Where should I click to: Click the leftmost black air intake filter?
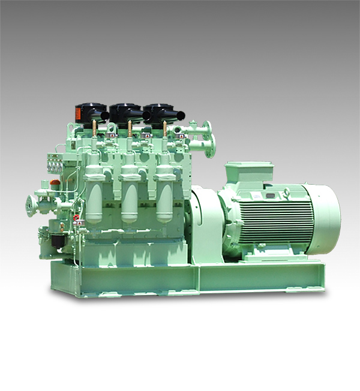coord(90,113)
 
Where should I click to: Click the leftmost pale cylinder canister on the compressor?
coord(94,198)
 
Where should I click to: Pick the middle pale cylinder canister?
coord(130,198)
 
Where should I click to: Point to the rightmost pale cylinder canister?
coord(164,198)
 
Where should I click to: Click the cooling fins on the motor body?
coord(276,219)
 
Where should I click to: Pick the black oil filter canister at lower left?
coord(58,240)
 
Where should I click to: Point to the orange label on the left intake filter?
coord(79,112)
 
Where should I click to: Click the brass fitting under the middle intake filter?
coord(129,128)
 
